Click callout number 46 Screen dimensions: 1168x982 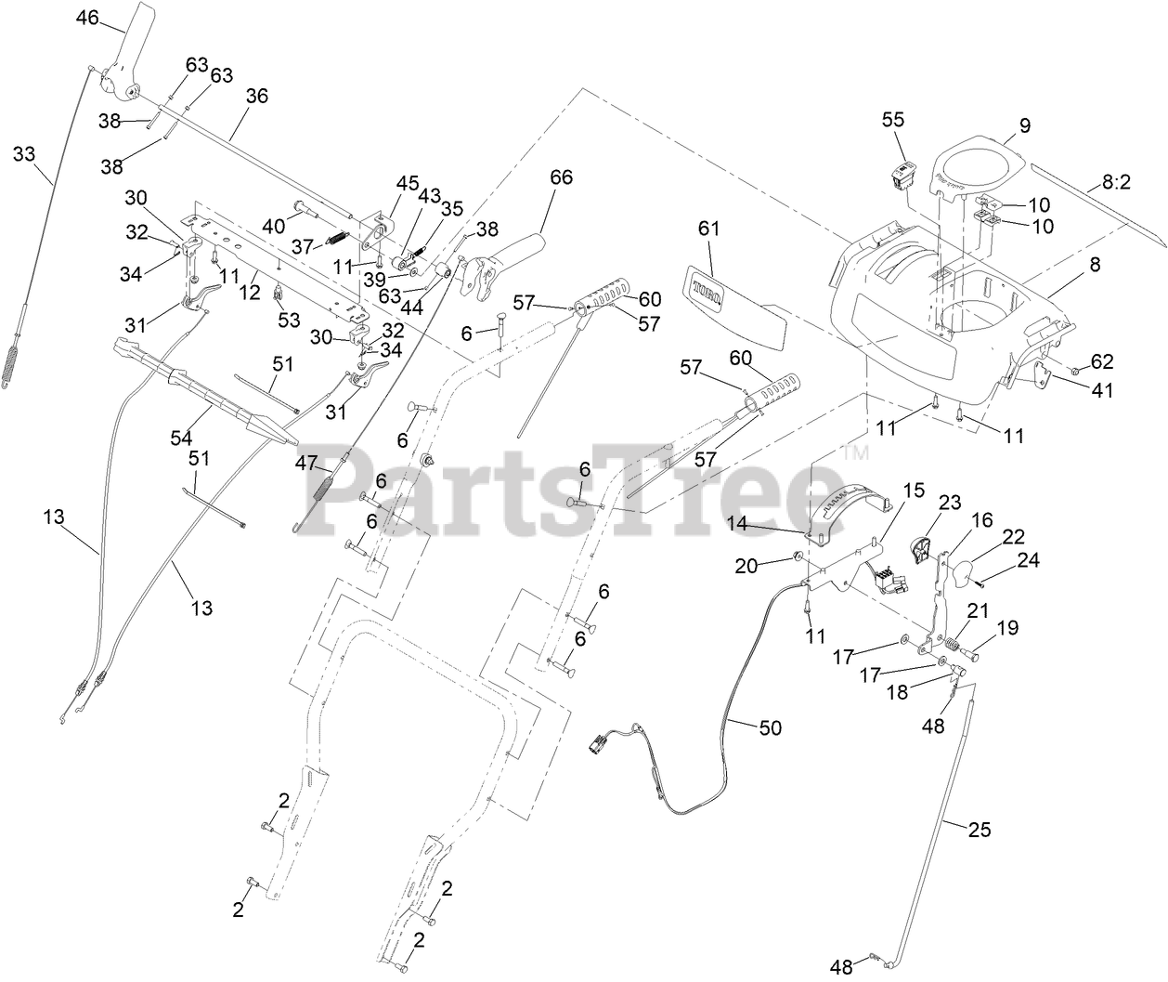point(87,18)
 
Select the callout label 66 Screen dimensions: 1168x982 point(561,177)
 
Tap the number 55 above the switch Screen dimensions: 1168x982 point(893,120)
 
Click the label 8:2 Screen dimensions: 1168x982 point(1117,182)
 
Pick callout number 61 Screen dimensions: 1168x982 point(708,229)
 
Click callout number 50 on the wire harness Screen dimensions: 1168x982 point(771,727)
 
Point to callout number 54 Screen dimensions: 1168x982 point(181,438)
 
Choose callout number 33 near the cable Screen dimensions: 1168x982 point(24,153)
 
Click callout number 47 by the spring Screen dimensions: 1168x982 point(306,463)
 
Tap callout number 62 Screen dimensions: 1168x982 point(1102,361)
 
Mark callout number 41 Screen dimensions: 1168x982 point(1102,390)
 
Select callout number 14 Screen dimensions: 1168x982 point(737,523)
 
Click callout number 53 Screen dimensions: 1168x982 point(289,320)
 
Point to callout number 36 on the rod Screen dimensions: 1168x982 point(257,97)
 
